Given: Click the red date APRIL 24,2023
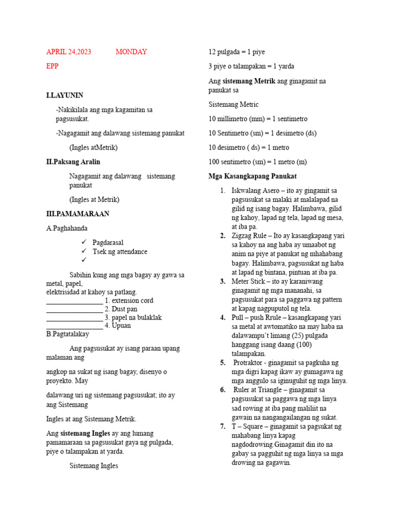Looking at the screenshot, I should point(69,52).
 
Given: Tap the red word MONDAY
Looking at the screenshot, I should point(131,52).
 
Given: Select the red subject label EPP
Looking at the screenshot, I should point(53,66).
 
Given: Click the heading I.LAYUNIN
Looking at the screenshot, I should point(65,96).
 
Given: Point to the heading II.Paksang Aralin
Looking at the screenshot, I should point(73,162).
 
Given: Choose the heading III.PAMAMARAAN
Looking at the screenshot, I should point(77,214).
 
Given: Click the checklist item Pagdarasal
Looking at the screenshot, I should point(108,242).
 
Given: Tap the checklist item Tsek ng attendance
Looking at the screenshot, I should point(120,252).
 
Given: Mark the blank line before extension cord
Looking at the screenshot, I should point(74,301).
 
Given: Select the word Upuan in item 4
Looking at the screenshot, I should point(121,326).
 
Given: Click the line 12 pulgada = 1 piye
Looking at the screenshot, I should point(237,52).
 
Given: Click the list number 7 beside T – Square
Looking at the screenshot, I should point(223,426).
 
